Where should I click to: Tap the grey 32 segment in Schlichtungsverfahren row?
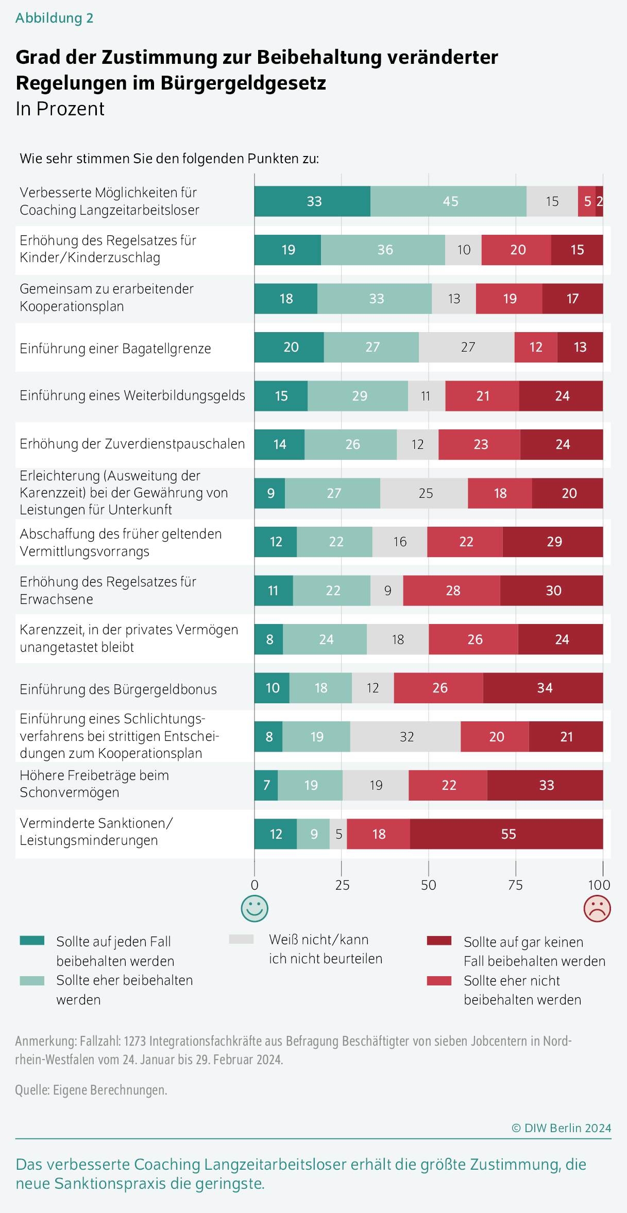click(405, 737)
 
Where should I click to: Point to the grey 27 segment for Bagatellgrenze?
click(467, 347)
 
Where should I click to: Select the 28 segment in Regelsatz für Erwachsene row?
click(451, 591)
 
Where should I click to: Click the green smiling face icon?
click(255, 909)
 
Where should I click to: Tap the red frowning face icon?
click(597, 909)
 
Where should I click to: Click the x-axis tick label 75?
click(515, 885)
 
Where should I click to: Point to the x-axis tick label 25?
click(342, 885)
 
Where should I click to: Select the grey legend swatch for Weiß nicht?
click(241, 940)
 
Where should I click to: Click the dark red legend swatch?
click(439, 941)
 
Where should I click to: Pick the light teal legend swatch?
click(32, 981)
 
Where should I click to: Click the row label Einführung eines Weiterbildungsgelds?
click(132, 395)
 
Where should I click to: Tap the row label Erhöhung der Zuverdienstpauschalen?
click(132, 444)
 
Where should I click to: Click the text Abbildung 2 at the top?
click(54, 18)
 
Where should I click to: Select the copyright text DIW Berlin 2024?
click(562, 1128)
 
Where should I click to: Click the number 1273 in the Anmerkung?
click(135, 1041)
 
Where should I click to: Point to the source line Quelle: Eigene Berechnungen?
click(91, 1090)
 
